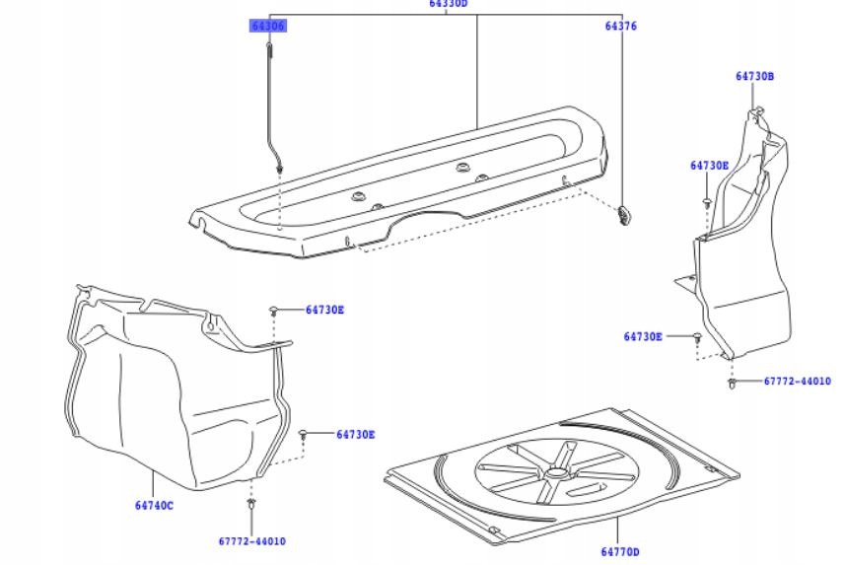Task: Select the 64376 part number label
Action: (x=621, y=26)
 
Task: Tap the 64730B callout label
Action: (x=754, y=76)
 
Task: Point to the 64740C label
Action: (x=154, y=506)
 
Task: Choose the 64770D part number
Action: (x=619, y=551)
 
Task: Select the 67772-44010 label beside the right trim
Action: (x=797, y=381)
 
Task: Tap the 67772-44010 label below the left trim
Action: (x=252, y=541)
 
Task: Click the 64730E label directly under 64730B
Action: (x=709, y=166)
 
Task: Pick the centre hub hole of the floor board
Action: (x=555, y=472)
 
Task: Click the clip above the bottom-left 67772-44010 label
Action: (x=252, y=505)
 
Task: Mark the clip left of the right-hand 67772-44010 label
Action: (x=732, y=382)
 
